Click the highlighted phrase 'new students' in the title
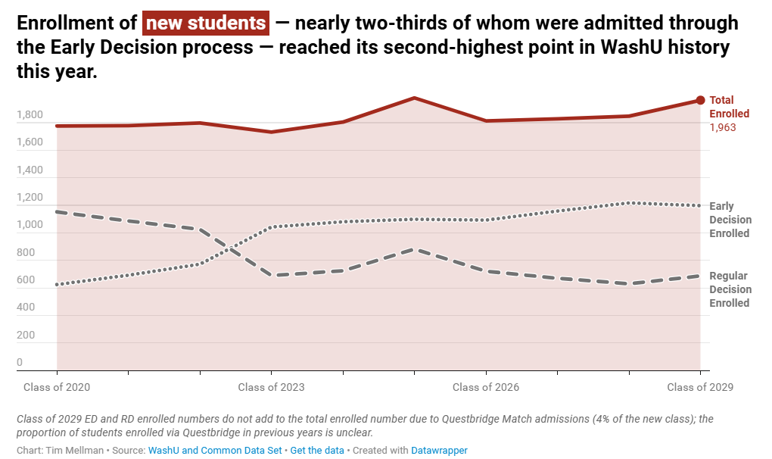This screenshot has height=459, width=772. coord(206,23)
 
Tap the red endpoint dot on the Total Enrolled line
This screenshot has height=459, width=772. coord(700,100)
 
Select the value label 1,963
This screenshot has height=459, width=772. coord(723,127)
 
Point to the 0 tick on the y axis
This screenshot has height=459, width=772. coord(20,363)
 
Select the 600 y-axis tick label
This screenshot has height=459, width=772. coord(25,280)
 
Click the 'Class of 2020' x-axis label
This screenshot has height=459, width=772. coord(57,387)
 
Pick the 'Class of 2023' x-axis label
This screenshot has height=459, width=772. coord(271,387)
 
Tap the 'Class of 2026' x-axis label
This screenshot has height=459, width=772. coord(486,387)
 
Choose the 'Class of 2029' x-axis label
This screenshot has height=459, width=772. coord(700,387)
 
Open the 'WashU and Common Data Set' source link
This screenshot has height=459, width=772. coord(215,450)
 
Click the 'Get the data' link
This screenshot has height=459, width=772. coord(316,450)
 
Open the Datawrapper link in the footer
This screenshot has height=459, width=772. coord(439,450)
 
